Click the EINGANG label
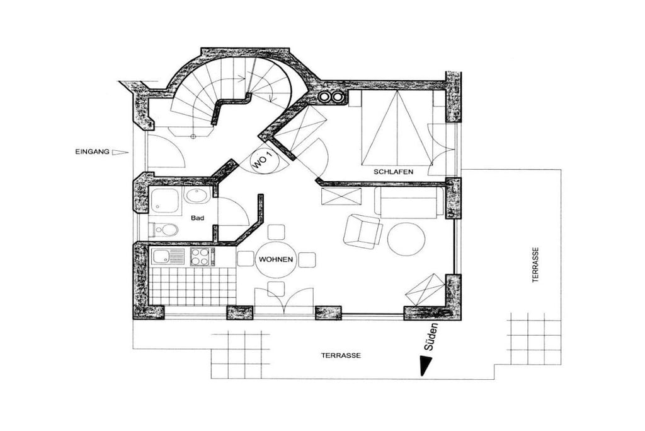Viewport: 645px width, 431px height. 93,151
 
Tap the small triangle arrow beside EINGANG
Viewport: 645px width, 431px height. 120,152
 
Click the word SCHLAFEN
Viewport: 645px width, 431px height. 393,172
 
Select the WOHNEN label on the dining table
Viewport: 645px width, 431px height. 276,259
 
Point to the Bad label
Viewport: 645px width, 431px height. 197,218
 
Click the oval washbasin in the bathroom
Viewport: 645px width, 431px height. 197,196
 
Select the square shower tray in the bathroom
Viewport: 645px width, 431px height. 166,201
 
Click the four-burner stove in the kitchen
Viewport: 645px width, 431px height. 202,256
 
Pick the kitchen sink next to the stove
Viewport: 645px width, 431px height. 168,257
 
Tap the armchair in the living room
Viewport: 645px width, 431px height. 362,232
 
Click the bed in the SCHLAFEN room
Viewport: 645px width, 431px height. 397,127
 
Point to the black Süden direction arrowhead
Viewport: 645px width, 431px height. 425,365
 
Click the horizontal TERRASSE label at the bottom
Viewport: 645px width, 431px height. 341,355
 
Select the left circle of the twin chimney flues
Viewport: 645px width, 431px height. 325,97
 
